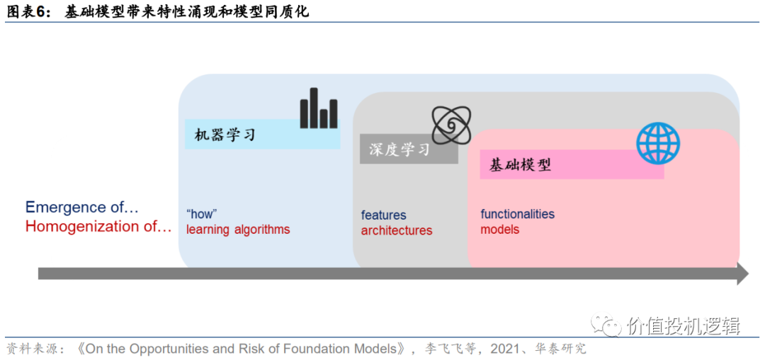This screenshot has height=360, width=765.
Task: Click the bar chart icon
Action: (318, 108)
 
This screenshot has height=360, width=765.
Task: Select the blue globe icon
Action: (657, 143)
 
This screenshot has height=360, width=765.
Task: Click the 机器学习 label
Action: (225, 134)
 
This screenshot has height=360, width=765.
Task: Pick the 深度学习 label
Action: (399, 150)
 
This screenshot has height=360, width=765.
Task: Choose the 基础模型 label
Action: (521, 165)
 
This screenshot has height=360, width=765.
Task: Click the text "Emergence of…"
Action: (82, 207)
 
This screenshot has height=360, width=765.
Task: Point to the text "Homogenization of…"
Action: (98, 227)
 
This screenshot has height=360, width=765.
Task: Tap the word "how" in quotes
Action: (201, 214)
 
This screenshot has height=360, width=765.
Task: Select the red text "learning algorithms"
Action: (238, 230)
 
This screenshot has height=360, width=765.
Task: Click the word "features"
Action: (383, 215)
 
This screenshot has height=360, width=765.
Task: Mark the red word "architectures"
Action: (396, 231)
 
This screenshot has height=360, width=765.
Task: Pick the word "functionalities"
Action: (517, 214)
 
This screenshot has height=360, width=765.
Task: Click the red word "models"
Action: (499, 230)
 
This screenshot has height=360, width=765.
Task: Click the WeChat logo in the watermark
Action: (607, 325)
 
